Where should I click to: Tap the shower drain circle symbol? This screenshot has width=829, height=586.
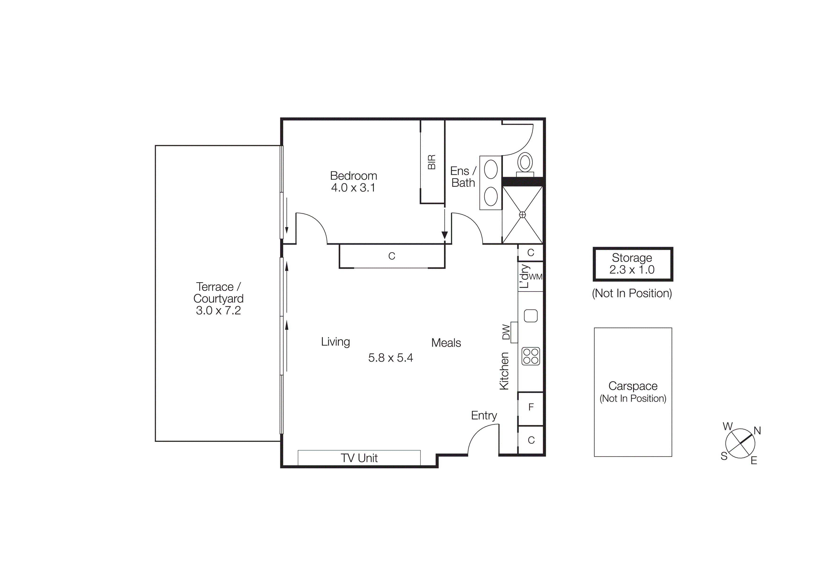(522, 215)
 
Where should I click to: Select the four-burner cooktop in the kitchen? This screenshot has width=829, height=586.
(531, 356)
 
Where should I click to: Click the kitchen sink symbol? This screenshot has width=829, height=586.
(531, 316)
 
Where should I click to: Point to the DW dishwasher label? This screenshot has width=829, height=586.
(506, 332)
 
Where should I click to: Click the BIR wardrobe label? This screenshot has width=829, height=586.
(432, 162)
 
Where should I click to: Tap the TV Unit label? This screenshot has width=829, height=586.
(359, 458)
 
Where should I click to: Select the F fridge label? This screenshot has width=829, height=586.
(531, 407)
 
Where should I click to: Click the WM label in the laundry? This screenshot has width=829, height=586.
(535, 277)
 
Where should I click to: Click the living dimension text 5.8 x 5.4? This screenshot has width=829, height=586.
(390, 358)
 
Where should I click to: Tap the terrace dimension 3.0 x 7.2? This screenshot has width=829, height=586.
(218, 311)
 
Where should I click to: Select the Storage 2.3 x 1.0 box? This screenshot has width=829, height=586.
(633, 264)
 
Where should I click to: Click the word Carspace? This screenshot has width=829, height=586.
(633, 386)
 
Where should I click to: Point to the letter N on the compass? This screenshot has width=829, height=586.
(757, 431)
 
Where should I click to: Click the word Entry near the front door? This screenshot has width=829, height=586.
(484, 416)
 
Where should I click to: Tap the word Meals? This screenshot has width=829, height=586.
(446, 343)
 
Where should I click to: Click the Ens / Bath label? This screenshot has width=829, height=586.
(463, 177)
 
